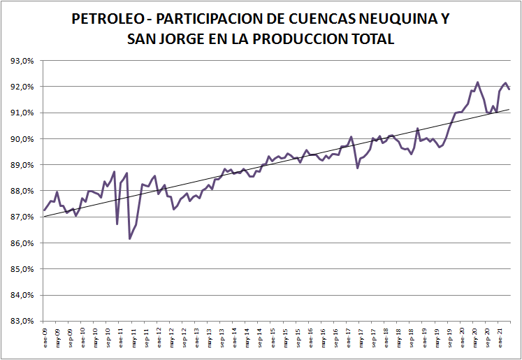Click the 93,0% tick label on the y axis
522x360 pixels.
coord(24,61)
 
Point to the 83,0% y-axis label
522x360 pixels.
coord(24,321)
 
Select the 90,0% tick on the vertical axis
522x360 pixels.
coord(24,139)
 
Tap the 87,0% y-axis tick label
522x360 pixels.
coord(24,217)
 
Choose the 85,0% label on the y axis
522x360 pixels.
coord(24,269)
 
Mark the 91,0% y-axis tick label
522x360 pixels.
coord(24,113)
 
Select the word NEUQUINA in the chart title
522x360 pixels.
coord(398,19)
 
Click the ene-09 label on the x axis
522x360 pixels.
coord(45,336)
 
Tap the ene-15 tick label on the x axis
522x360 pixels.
coord(273,336)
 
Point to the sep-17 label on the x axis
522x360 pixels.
coord(374,336)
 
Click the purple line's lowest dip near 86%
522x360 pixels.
coord(130,239)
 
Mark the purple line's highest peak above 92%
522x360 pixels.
coord(477,82)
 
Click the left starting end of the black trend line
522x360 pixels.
coord(44,217)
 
